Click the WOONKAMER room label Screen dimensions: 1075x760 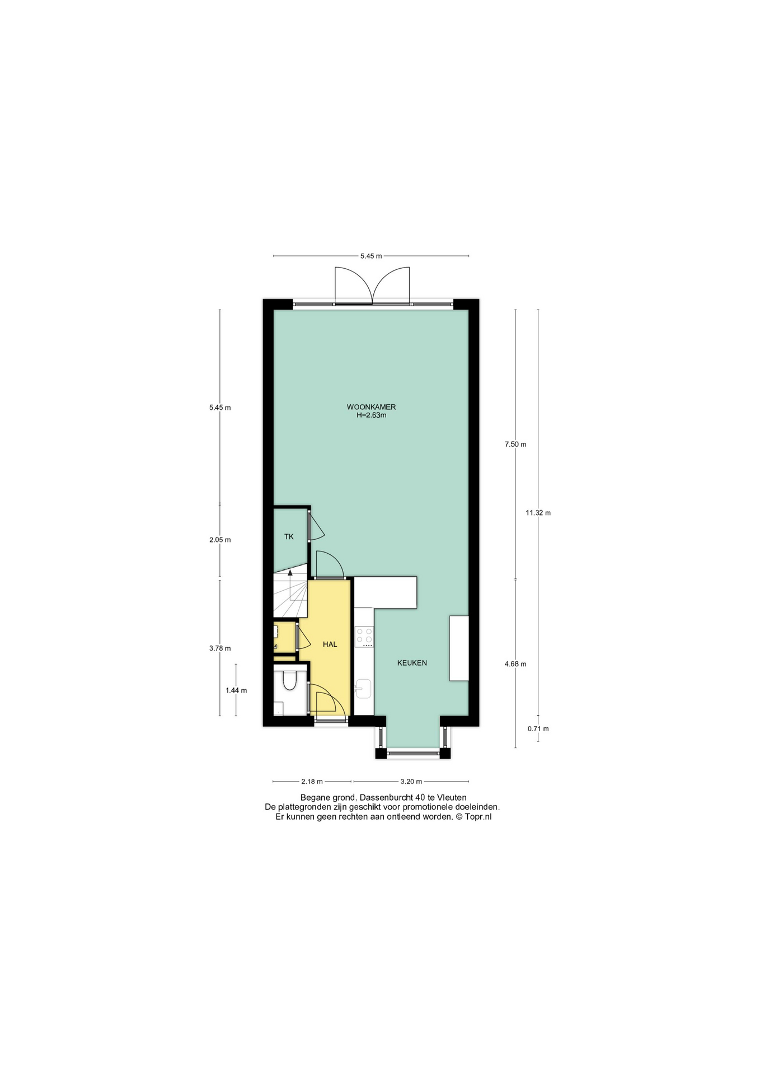pos(371,407)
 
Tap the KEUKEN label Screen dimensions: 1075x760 pos(412,663)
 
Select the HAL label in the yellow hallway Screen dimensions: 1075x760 pos(330,644)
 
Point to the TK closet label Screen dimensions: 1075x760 pos(289,536)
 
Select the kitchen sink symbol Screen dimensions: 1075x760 pos(363,688)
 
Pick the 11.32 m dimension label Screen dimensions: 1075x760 pos(538,513)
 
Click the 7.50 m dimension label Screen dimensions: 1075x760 pos(515,445)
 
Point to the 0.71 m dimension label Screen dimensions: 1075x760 pos(538,729)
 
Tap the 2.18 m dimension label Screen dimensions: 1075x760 pos(312,782)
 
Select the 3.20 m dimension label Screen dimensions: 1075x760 pos(411,782)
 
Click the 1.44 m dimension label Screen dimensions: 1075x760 pos(236,690)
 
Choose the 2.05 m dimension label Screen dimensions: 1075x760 pos(220,540)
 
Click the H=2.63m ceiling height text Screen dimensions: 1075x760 pos(371,415)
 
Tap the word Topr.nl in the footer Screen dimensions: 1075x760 pos(478,817)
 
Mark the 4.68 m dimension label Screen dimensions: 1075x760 pos(515,664)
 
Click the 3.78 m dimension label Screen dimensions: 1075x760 pos(220,648)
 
